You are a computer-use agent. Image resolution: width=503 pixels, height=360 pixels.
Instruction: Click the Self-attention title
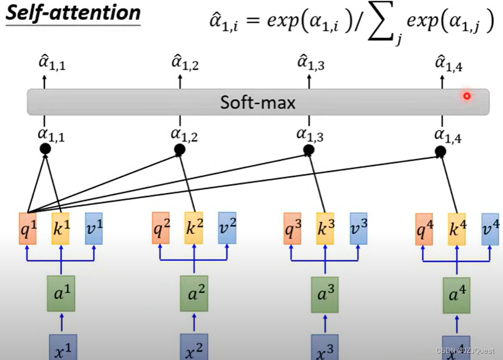click(x=72, y=13)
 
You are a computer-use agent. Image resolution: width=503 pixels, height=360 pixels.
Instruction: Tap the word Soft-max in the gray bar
click(x=258, y=102)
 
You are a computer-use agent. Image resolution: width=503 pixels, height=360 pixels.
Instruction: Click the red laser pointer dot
click(x=467, y=97)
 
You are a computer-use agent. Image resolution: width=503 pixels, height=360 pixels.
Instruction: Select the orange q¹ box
click(x=28, y=228)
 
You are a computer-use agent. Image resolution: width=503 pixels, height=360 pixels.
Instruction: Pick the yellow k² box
click(x=194, y=228)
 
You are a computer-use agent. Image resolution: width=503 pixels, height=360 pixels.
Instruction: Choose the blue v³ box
click(x=358, y=228)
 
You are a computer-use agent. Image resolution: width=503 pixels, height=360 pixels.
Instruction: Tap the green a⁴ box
click(x=456, y=296)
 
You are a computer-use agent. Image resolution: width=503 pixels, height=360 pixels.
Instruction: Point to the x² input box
click(x=194, y=348)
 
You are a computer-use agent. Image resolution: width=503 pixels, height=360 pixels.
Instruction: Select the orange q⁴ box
click(x=425, y=228)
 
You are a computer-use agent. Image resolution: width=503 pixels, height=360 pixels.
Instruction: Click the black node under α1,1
click(x=45, y=149)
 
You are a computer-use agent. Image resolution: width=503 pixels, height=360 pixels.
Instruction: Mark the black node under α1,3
click(x=308, y=149)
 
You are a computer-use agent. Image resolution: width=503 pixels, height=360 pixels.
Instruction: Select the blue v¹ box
click(x=94, y=228)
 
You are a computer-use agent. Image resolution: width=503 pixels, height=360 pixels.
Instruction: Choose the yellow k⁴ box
click(x=456, y=228)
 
